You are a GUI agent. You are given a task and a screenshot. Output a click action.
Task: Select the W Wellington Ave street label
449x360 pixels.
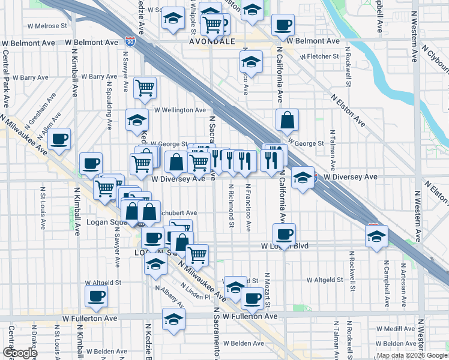(180, 110)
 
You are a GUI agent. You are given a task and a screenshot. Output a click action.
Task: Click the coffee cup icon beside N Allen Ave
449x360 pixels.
(59, 139)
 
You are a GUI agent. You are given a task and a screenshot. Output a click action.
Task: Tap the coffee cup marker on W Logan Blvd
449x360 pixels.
(284, 233)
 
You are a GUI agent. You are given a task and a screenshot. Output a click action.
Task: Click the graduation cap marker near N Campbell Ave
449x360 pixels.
(376, 236)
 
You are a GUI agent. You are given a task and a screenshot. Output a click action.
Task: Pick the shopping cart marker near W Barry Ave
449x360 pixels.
(145, 88)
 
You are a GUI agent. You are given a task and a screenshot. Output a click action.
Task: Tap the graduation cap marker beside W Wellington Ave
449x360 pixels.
(137, 121)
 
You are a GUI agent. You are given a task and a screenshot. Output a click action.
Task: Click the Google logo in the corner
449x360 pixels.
(20, 353)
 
